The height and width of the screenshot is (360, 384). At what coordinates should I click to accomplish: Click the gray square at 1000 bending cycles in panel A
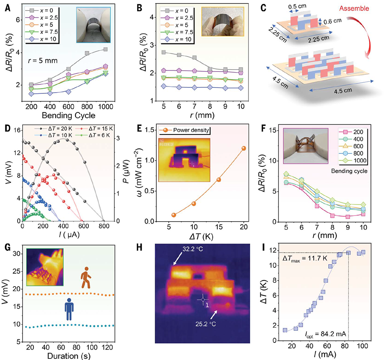(x=106, y=49)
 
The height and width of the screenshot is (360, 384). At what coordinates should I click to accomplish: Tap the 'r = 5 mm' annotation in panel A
(x=43, y=61)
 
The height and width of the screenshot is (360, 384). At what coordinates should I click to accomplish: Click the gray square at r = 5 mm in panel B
(x=164, y=52)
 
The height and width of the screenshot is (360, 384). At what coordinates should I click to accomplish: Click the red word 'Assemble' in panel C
(x=354, y=8)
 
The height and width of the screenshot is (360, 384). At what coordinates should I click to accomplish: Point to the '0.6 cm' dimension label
(x=333, y=22)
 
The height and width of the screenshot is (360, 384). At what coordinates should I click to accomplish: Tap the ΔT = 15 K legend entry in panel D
(x=93, y=128)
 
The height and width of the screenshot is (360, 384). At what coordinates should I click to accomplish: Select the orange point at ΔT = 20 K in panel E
(x=244, y=148)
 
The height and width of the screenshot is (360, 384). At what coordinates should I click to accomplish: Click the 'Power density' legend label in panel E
(x=191, y=130)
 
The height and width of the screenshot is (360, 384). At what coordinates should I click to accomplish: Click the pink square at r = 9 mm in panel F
(x=348, y=217)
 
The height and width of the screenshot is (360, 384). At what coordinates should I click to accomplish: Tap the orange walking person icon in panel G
(x=86, y=277)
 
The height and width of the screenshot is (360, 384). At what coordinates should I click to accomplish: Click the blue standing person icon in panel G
(x=69, y=309)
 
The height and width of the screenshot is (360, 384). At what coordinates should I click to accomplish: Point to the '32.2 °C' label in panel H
(x=193, y=249)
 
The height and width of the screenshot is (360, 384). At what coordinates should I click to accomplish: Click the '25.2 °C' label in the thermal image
(x=206, y=324)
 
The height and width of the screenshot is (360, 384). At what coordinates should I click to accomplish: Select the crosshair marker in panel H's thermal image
(x=203, y=300)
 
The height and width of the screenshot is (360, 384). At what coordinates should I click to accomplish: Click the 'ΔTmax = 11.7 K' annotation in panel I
(x=305, y=259)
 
